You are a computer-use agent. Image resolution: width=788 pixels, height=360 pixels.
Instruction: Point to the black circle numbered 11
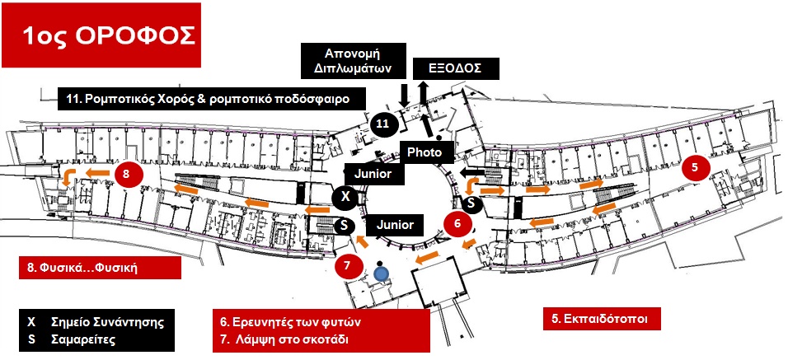pos(382,124)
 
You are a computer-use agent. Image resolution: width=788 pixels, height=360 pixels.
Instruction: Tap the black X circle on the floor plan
pos(345,198)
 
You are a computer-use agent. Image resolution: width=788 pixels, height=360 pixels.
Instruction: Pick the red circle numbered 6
pos(457,222)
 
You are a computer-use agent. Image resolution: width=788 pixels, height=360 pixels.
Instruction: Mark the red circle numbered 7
pos(348,265)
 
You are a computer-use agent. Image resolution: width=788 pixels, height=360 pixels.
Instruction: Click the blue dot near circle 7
pos(381,271)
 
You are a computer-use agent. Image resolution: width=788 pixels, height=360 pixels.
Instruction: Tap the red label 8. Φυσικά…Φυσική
pos(99,267)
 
